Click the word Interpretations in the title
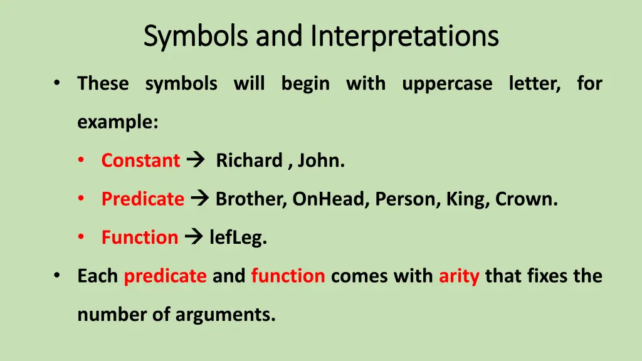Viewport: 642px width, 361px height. pyautogui.click(x=404, y=36)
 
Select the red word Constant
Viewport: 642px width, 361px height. pyautogui.click(x=140, y=160)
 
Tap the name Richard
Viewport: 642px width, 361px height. pyautogui.click(x=249, y=160)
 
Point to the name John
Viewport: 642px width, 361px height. pyautogui.click(x=320, y=160)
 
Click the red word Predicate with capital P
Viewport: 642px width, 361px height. pyautogui.click(x=143, y=199)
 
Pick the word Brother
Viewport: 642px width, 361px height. pyautogui.click(x=250, y=199)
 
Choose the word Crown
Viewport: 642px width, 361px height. pyautogui.click(x=525, y=199)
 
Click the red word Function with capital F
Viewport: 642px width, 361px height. pyautogui.click(x=140, y=238)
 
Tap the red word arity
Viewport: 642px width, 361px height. pyautogui.click(x=459, y=276)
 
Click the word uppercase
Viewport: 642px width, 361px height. pyautogui.click(x=447, y=83)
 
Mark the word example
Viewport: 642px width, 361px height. pyautogui.click(x=117, y=122)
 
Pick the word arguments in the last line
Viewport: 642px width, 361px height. pyautogui.click(x=225, y=315)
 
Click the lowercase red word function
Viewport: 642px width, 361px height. pyautogui.click(x=288, y=276)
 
